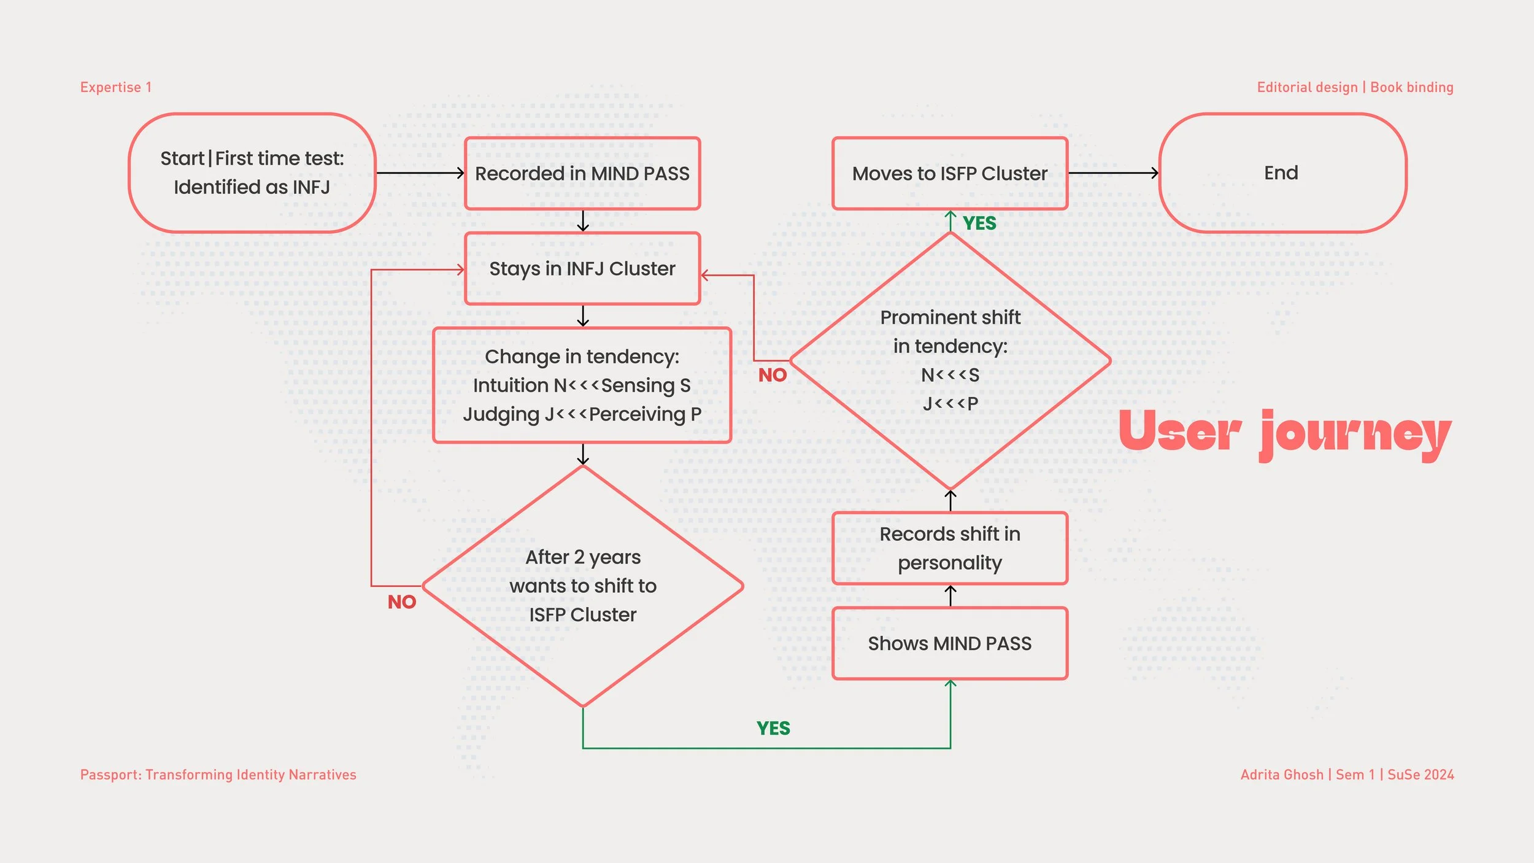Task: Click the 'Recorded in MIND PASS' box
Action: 582,174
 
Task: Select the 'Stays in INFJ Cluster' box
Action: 582,269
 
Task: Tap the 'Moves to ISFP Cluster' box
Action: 950,174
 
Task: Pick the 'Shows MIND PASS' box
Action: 950,643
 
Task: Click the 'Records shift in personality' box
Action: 950,548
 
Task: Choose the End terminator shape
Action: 1282,173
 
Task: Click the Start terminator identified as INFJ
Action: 252,173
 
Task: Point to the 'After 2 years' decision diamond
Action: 583,586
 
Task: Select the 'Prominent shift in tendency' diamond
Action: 950,361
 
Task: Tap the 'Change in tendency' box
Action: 582,385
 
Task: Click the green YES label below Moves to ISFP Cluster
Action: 979,223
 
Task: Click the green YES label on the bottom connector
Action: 773,729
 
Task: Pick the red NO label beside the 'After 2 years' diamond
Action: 402,602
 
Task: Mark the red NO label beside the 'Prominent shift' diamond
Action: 773,375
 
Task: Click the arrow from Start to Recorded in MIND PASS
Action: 420,173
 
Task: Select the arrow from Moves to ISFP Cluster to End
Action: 1113,173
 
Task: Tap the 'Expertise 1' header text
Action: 116,87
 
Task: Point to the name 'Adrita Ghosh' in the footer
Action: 1282,775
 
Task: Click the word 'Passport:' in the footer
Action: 110,775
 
